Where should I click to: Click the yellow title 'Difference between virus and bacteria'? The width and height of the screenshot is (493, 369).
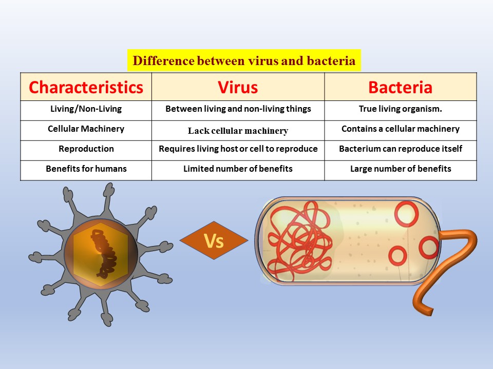244,60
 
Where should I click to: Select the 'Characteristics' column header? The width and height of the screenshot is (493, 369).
86,87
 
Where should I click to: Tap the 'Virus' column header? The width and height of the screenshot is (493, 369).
238,87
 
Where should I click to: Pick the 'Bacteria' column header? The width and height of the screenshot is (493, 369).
400,87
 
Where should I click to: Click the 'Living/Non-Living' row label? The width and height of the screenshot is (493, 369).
86,109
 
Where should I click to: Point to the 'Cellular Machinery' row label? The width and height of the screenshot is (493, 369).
86,129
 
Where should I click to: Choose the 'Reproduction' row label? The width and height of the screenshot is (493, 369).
86,149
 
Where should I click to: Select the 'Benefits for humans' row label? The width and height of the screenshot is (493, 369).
86,169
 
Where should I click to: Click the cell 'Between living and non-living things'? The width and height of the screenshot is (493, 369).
238,109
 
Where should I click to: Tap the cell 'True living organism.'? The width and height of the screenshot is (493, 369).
400,109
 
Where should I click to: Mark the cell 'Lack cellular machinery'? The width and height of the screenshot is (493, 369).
238,131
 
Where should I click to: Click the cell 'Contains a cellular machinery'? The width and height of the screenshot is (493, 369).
400,129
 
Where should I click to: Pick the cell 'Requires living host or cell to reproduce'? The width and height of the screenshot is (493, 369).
238,149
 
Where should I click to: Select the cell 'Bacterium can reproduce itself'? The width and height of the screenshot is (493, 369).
400,149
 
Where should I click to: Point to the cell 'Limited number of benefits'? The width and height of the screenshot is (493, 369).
238,169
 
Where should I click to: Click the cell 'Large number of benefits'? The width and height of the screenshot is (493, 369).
401,169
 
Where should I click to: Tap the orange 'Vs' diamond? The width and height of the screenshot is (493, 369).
214,240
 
